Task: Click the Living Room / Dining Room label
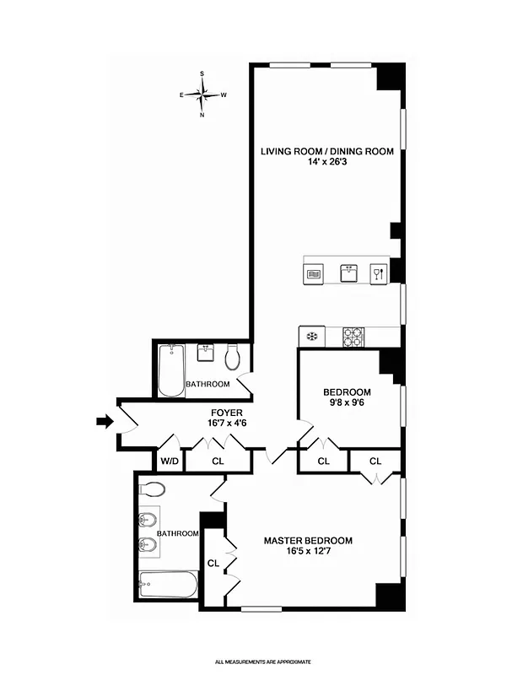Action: coord(326,152)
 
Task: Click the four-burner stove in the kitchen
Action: coord(353,336)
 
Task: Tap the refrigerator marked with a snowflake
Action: coord(311,336)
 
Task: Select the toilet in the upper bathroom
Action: coord(234,359)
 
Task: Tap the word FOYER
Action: coord(227,413)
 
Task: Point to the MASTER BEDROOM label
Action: coord(308,541)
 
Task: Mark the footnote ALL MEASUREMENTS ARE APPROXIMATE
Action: coord(262,662)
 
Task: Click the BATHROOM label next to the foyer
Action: coord(208,385)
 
